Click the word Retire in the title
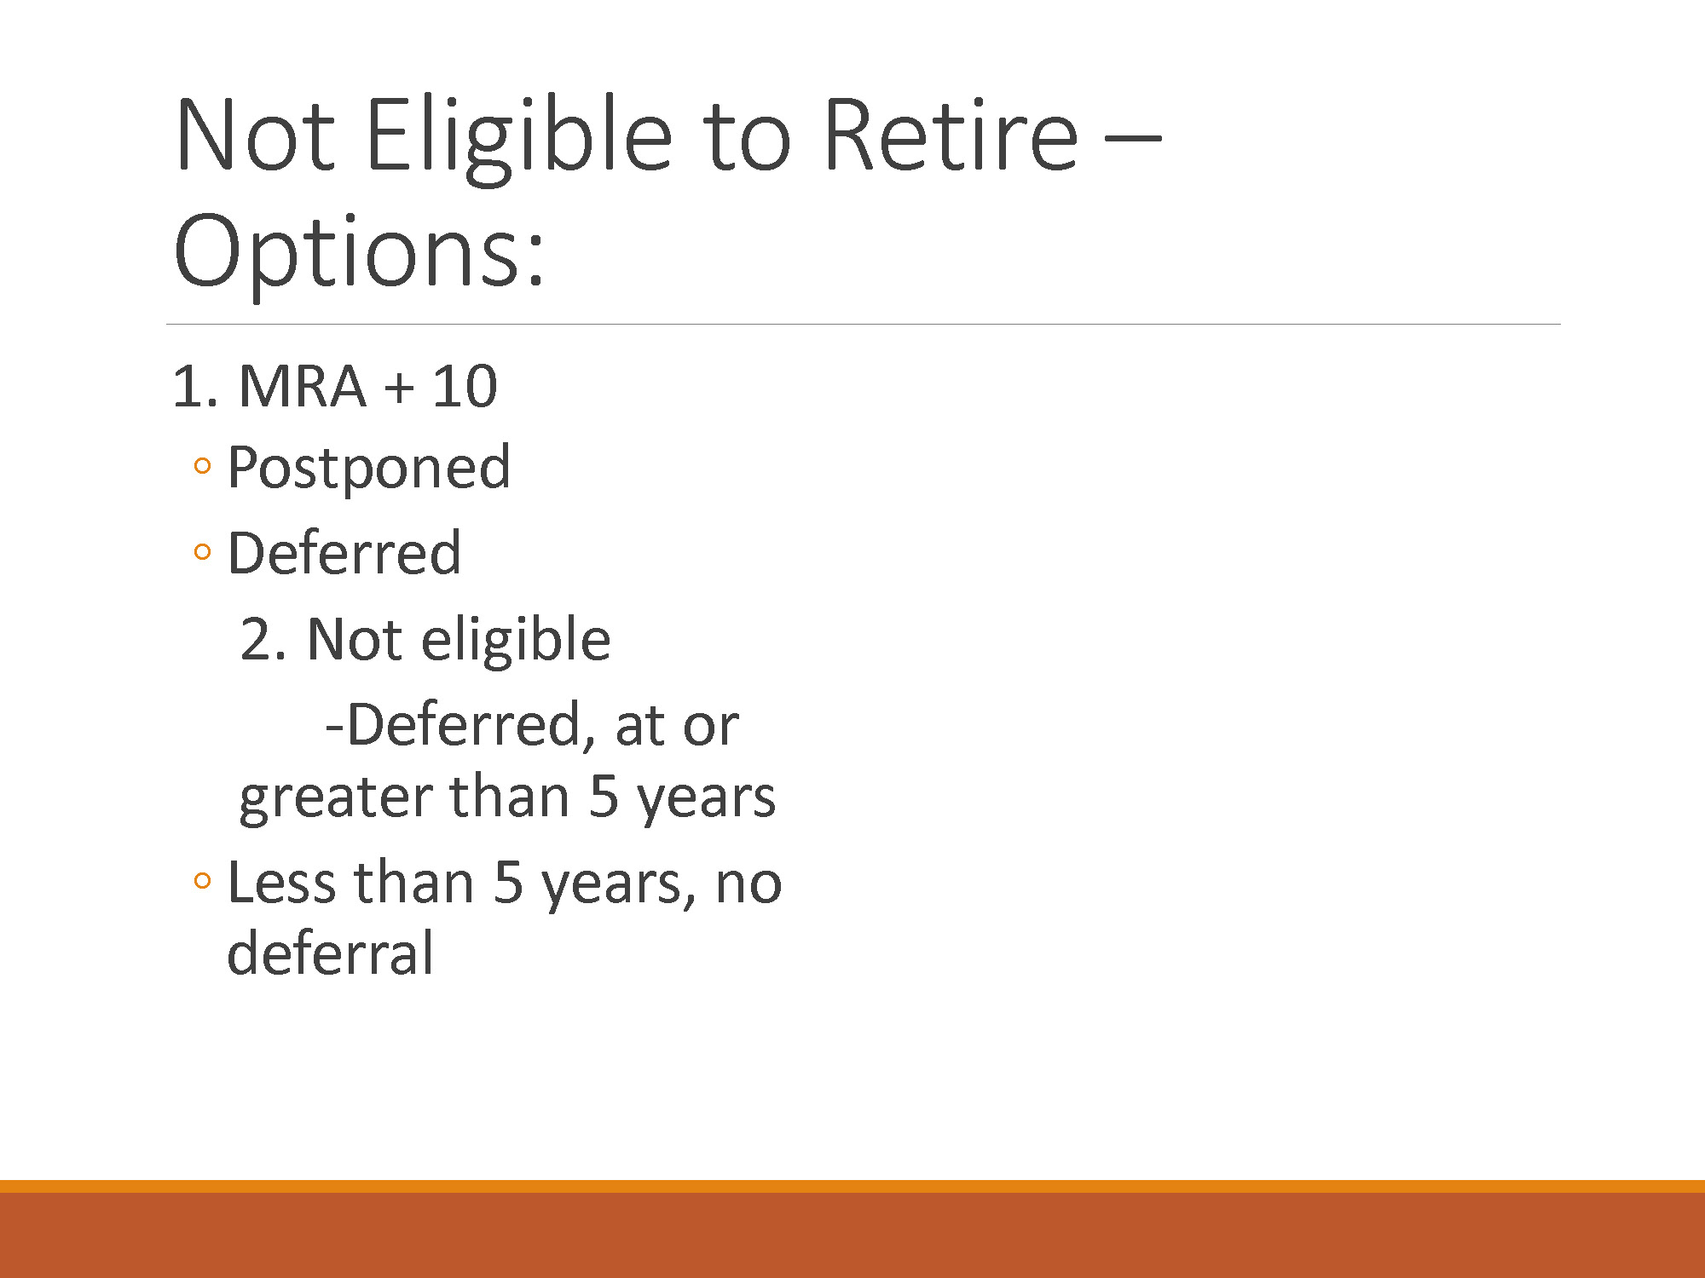click(x=951, y=135)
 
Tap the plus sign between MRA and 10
click(x=398, y=389)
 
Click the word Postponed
click(x=369, y=469)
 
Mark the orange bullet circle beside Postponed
click(x=202, y=466)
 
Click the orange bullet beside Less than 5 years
click(x=202, y=880)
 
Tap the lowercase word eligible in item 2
click(x=516, y=641)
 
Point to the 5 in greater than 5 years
click(x=603, y=797)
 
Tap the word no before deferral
click(x=748, y=885)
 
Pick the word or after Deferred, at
click(x=710, y=728)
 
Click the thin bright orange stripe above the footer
click(x=852, y=1186)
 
